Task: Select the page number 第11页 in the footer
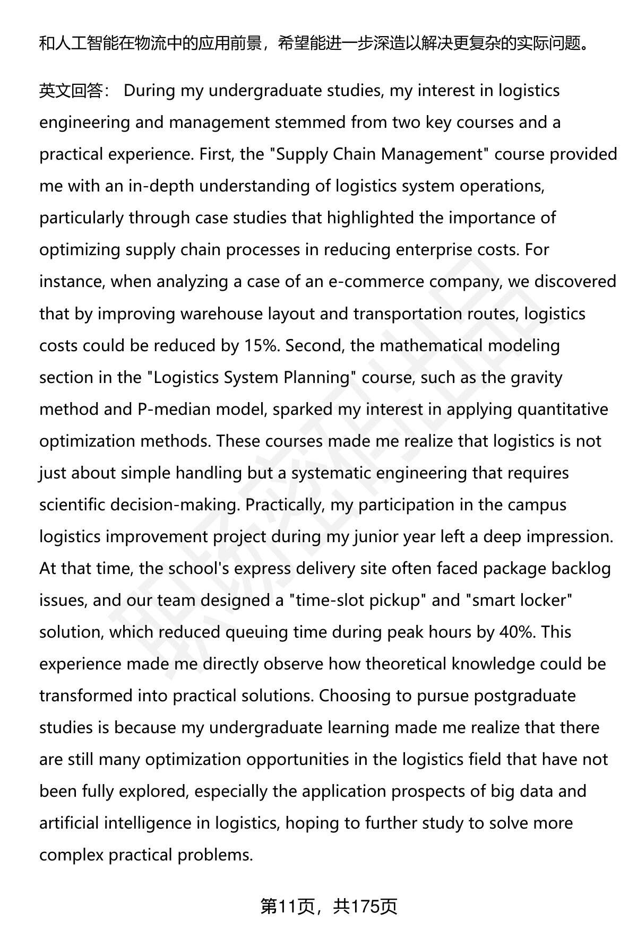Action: click(x=287, y=907)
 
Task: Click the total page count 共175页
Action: click(x=365, y=907)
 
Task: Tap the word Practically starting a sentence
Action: click(x=285, y=504)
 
